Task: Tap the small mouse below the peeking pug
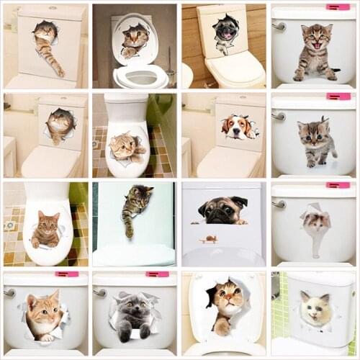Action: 210,238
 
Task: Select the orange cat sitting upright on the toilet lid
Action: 45,230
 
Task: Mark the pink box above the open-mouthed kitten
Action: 338,8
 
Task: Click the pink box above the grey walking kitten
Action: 338,96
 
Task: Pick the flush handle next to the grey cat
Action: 99,292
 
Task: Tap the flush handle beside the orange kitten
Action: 9,292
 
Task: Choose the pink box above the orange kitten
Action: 66,274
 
